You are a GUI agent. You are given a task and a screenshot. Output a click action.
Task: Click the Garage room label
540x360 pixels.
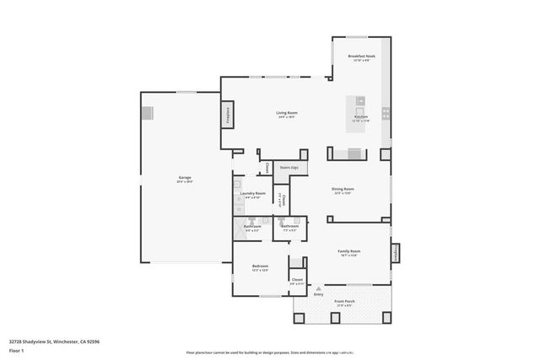pyautogui.click(x=184, y=179)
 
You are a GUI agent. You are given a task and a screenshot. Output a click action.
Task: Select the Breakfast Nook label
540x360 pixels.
pyautogui.click(x=362, y=57)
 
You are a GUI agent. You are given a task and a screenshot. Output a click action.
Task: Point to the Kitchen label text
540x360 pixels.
pyautogui.click(x=360, y=118)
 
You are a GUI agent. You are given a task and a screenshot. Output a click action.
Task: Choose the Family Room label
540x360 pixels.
pyautogui.click(x=349, y=252)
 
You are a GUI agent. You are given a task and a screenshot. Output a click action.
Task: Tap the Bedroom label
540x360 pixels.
pyautogui.click(x=260, y=267)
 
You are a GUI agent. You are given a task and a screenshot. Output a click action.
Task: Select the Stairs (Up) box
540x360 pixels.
pyautogui.click(x=289, y=169)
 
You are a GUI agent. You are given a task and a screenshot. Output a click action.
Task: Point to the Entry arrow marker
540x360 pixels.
pyautogui.click(x=318, y=287)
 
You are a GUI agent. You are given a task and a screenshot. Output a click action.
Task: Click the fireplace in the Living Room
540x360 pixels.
pyautogui.click(x=229, y=116)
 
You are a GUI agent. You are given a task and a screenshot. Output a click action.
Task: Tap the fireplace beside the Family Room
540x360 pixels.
pyautogui.click(x=394, y=254)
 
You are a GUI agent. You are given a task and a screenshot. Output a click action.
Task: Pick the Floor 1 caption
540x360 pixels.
pyautogui.click(x=16, y=349)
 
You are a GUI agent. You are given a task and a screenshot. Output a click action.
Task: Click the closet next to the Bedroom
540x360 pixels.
pyautogui.click(x=297, y=281)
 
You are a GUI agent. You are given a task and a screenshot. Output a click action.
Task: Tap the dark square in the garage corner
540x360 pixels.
pyautogui.click(x=148, y=113)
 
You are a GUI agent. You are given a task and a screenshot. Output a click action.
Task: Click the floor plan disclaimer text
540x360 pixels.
pyautogui.click(x=269, y=351)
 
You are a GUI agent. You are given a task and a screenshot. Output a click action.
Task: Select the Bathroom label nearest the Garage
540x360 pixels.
pyautogui.click(x=252, y=227)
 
